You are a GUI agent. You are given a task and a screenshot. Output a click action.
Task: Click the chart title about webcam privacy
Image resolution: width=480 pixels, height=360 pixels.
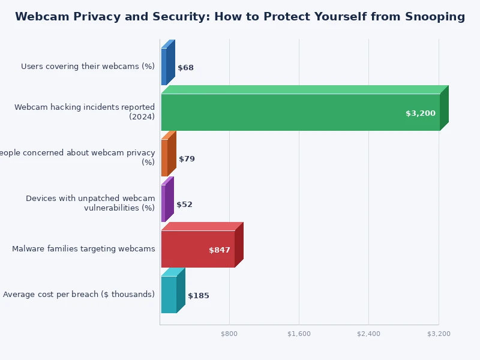pyautogui.click(x=240, y=17)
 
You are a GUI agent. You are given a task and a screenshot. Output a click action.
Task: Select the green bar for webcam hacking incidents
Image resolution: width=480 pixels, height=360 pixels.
pyautogui.click(x=300, y=112)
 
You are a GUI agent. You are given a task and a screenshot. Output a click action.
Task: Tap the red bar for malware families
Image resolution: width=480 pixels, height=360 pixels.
pyautogui.click(x=197, y=249)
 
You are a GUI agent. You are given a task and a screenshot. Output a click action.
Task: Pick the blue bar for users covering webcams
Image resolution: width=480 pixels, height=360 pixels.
pyautogui.click(x=164, y=67)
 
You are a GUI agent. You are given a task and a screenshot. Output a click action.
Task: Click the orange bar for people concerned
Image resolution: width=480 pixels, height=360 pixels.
pyautogui.click(x=164, y=158)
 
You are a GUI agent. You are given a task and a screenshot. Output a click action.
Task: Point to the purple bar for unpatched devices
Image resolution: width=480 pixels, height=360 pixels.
pyautogui.click(x=163, y=203)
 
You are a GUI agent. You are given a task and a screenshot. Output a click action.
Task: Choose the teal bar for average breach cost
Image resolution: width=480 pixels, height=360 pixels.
pyautogui.click(x=169, y=295)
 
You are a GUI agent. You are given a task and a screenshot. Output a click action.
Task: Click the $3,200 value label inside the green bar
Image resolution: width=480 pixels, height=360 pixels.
pyautogui.click(x=420, y=113)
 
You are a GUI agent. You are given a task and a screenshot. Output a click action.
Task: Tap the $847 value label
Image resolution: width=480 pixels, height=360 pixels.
pyautogui.click(x=219, y=250)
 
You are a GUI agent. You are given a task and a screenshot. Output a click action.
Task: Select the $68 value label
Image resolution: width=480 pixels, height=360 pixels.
pyautogui.click(x=185, y=68)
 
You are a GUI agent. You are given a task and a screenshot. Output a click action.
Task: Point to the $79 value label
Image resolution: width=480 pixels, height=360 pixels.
pyautogui.click(x=187, y=159)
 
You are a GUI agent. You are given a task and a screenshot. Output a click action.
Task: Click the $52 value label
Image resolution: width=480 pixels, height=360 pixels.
pyautogui.click(x=184, y=205)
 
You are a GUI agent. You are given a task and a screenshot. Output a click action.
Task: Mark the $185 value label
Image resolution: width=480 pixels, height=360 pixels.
pyautogui.click(x=198, y=296)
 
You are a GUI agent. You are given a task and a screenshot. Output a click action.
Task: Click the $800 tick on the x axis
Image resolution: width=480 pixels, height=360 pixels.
pyautogui.click(x=229, y=334)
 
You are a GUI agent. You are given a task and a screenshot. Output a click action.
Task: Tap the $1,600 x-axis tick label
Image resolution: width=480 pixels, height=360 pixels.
pyautogui.click(x=299, y=334)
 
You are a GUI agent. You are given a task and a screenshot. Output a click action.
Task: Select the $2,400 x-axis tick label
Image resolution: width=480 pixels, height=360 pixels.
pyautogui.click(x=368, y=334)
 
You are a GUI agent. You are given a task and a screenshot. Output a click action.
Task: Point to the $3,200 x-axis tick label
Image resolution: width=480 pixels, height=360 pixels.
pyautogui.click(x=439, y=334)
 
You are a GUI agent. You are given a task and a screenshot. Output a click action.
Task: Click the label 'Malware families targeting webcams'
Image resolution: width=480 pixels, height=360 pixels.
pyautogui.click(x=83, y=249)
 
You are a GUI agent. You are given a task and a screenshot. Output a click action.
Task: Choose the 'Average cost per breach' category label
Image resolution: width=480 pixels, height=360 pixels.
pyautogui.click(x=79, y=295)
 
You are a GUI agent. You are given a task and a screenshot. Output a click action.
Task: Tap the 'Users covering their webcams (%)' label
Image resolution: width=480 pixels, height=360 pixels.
pyautogui.click(x=88, y=67)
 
